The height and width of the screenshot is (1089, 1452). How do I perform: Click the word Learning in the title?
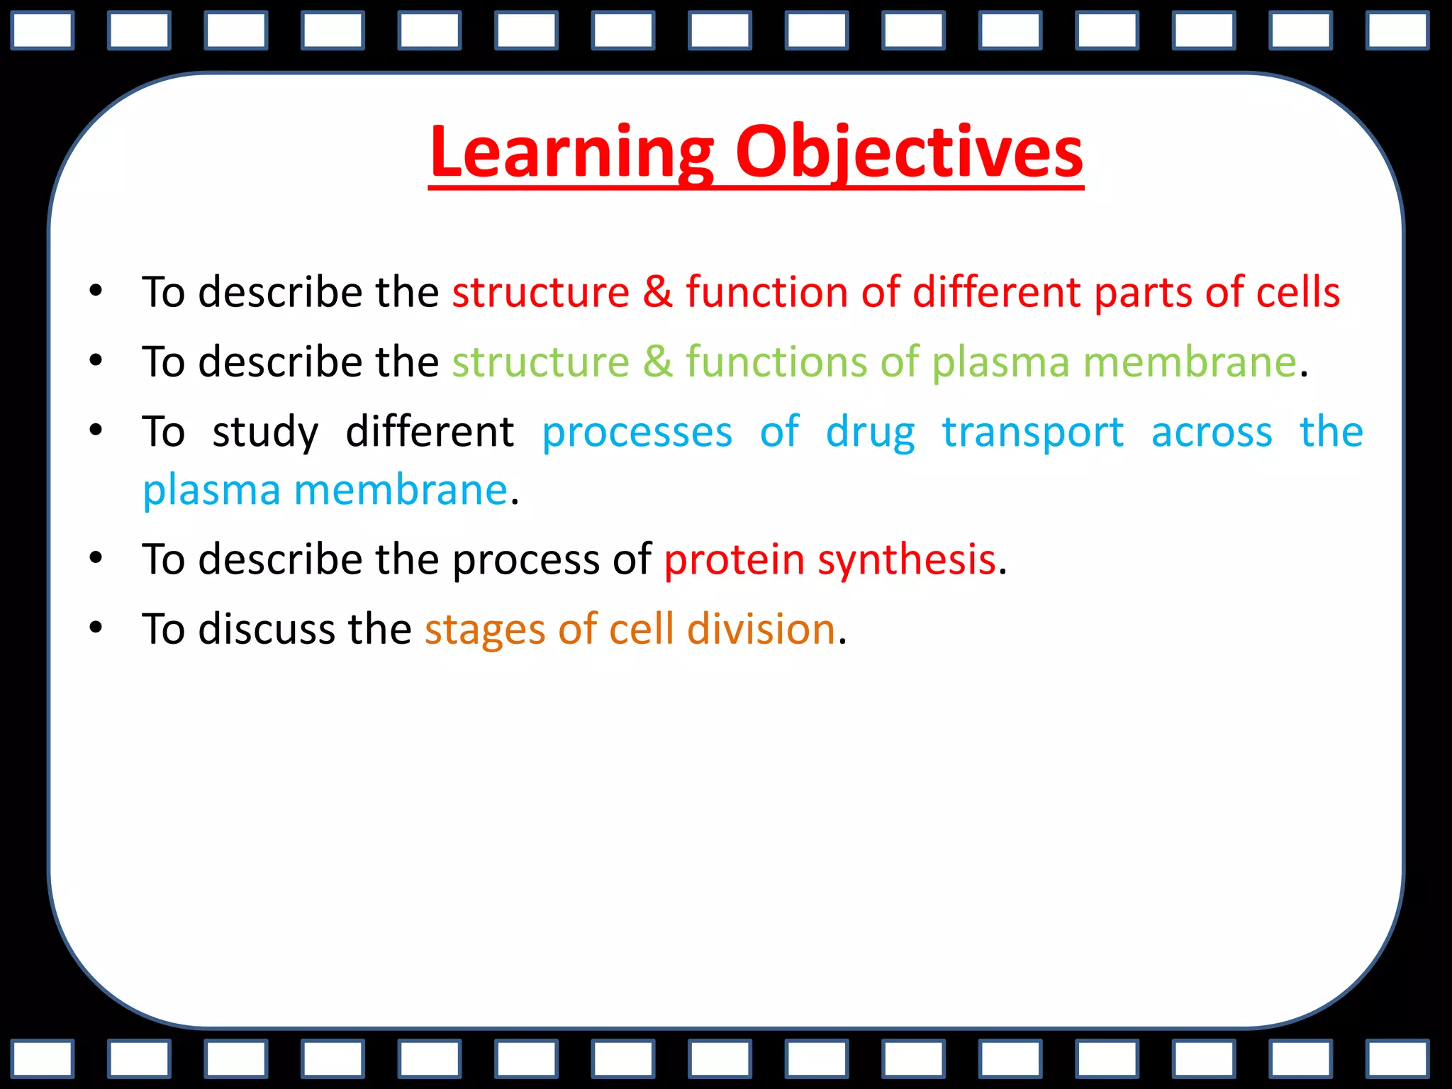click(571, 152)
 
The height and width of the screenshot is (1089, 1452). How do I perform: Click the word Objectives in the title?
click(909, 152)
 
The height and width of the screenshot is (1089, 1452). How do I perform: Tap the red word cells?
click(1297, 292)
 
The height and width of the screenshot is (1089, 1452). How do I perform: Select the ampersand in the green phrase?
click(657, 362)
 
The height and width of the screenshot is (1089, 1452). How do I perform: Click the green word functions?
click(776, 362)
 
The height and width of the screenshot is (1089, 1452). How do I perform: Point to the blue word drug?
click(870, 432)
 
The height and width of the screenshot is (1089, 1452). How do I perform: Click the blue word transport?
click(1033, 432)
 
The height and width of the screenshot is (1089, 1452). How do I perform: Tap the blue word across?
click(1212, 432)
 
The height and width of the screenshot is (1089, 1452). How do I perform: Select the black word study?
click(265, 432)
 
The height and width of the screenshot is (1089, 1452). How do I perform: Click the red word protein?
click(734, 559)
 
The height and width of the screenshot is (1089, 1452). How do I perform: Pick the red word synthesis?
click(907, 559)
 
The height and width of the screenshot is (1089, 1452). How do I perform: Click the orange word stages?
click(485, 630)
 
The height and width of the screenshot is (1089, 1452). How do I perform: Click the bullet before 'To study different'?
click(96, 430)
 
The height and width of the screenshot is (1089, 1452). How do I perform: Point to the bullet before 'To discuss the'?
click(96, 627)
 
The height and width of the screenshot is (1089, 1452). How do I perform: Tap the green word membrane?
click(1190, 362)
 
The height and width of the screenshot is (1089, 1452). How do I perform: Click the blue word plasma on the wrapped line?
click(211, 490)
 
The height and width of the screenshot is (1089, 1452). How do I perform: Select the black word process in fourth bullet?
click(526, 559)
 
